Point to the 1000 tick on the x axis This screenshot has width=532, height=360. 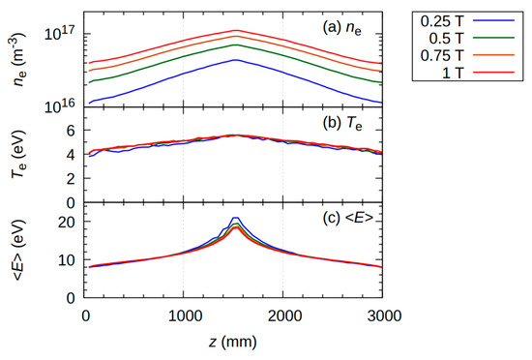pos(184,315)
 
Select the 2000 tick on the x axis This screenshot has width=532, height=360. pos(283,315)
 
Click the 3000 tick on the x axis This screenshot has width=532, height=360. pos(382,315)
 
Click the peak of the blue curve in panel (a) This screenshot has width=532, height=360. pos(235,60)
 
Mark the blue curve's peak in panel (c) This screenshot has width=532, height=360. pos(235,218)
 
